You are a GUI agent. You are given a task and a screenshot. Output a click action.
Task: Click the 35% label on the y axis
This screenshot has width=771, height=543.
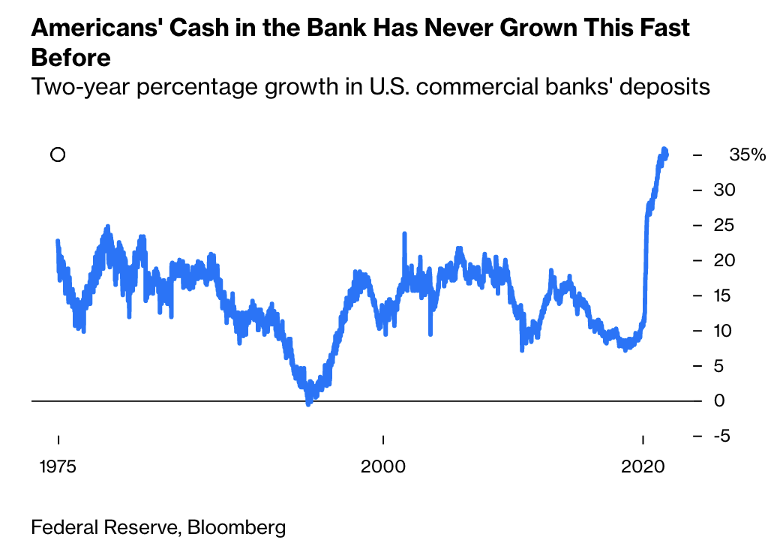(747, 155)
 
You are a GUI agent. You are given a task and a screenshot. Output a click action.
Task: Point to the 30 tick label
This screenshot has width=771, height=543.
(724, 190)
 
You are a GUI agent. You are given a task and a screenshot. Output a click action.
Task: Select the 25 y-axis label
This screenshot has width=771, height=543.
(724, 225)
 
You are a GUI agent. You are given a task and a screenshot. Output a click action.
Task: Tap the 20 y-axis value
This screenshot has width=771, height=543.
(724, 260)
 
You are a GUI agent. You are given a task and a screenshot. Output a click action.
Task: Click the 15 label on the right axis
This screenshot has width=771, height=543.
(724, 295)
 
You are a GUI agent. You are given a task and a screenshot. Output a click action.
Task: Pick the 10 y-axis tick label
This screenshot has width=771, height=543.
(724, 331)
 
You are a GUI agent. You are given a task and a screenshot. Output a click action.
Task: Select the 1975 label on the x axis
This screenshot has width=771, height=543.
(58, 466)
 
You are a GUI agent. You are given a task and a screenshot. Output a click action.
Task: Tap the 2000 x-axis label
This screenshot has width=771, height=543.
(382, 466)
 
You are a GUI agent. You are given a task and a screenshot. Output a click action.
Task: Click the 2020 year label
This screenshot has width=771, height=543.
(643, 466)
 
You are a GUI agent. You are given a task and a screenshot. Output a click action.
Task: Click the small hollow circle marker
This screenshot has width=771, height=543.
(58, 154)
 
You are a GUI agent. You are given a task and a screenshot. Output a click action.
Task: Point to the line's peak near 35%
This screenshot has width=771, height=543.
(664, 150)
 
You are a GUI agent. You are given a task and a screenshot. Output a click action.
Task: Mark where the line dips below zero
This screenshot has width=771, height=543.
(308, 403)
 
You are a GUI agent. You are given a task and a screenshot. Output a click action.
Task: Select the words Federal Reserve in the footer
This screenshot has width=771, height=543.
(102, 527)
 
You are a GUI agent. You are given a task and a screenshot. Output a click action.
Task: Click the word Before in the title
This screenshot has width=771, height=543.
(70, 58)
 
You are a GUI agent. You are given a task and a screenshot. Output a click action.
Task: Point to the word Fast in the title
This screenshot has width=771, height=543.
(664, 29)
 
